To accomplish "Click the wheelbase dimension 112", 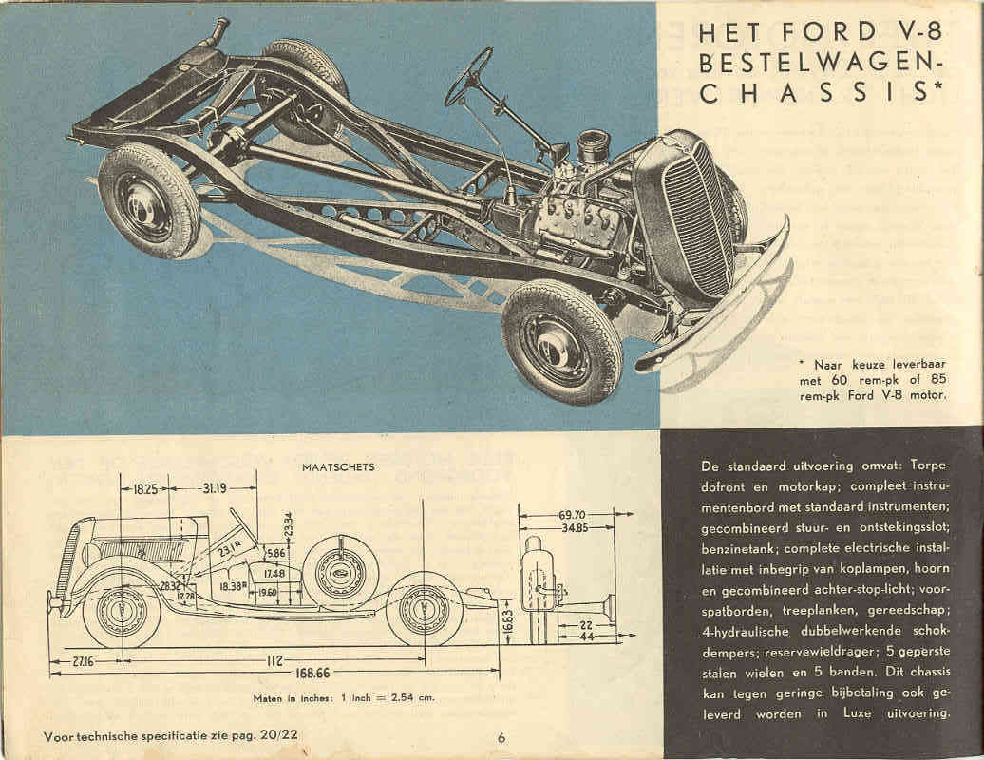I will pyautogui.click(x=275, y=660).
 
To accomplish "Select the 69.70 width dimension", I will pyautogui.click(x=573, y=514).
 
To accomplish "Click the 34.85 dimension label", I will pyautogui.click(x=573, y=527).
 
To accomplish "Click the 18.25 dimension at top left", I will pyautogui.click(x=145, y=489).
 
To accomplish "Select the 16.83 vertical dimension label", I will pyautogui.click(x=506, y=625).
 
